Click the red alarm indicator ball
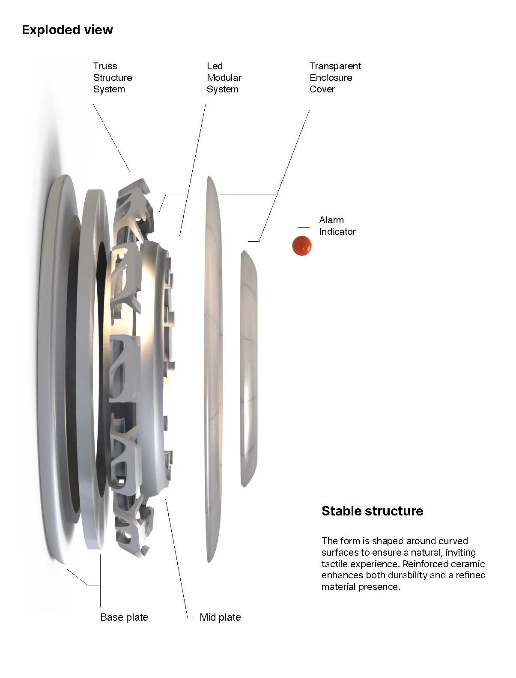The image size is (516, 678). tap(301, 246)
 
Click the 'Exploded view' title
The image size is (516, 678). tap(67, 30)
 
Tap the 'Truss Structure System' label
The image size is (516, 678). tap(112, 77)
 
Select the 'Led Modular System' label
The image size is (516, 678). tap(224, 77)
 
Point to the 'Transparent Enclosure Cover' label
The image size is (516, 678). tap(335, 77)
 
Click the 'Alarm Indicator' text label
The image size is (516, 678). tap(337, 226)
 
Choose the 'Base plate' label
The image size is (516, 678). tap(124, 617)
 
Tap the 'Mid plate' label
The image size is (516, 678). tap(220, 617)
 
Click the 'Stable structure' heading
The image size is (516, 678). tap(372, 511)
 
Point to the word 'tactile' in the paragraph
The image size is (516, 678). tap(335, 564)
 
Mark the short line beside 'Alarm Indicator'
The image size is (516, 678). tap(303, 227)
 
